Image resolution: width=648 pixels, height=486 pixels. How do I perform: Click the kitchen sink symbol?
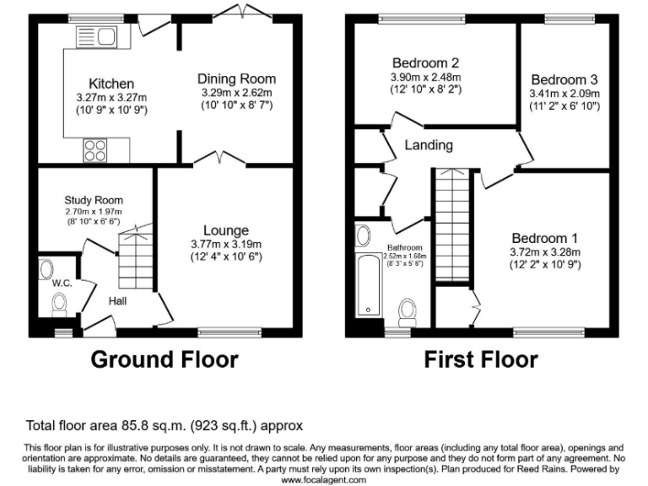pos(95,37)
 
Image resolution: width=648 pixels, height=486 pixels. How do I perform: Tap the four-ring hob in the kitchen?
pos(95,151)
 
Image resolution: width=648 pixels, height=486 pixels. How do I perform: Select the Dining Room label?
pos(236,78)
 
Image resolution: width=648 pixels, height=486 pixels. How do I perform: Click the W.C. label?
pos(62,283)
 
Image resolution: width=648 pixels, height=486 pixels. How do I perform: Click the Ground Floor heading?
pos(164,360)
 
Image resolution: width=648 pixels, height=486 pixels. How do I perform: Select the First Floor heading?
pos(480,360)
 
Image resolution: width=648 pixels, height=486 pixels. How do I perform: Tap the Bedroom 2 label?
pos(426,62)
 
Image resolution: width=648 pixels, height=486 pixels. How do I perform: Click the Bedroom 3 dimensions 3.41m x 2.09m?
pos(564,94)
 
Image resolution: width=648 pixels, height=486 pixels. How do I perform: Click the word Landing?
pos(429,145)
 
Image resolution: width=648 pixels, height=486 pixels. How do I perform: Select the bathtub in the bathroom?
pos(368,283)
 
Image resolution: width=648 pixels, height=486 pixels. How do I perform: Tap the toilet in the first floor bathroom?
pos(408,310)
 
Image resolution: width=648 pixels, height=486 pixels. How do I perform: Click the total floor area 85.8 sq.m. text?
pos(165,426)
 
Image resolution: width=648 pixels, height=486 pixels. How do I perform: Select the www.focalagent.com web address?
pos(324,479)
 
